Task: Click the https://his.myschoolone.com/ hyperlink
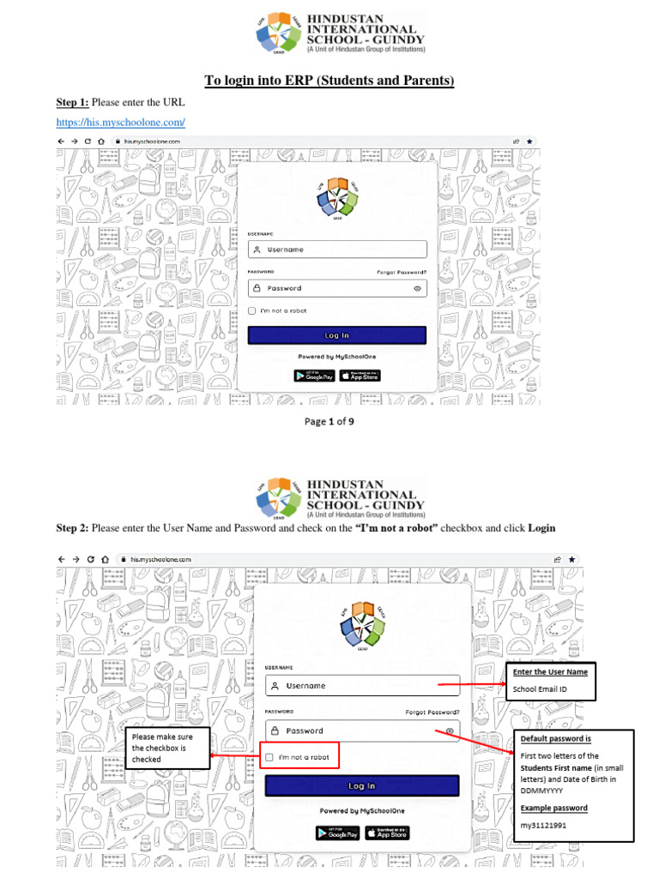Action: click(x=121, y=123)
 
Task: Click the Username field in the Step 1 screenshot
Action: click(x=336, y=250)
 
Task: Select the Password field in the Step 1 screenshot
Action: click(x=336, y=288)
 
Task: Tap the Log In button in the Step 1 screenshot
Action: click(x=336, y=335)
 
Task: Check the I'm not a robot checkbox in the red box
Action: click(x=270, y=757)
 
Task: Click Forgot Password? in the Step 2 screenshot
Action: click(x=432, y=712)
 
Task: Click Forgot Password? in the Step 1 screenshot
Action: click(x=402, y=272)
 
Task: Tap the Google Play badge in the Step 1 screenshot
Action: click(x=314, y=376)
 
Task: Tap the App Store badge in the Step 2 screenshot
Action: click(x=387, y=833)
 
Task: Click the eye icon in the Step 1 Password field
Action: click(x=417, y=289)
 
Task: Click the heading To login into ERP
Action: click(x=329, y=81)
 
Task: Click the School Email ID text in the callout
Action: click(x=541, y=689)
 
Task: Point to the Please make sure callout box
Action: click(x=167, y=747)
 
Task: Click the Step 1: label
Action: click(x=73, y=102)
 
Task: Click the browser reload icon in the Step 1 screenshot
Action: click(x=88, y=141)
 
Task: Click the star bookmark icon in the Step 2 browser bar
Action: click(x=573, y=559)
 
